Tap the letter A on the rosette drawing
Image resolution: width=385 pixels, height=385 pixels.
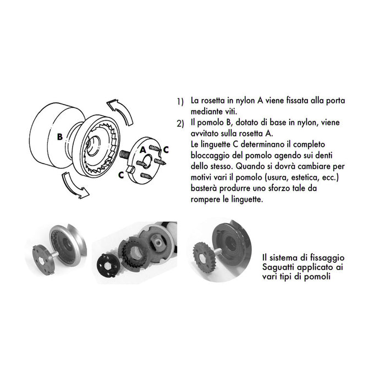pos(142,148)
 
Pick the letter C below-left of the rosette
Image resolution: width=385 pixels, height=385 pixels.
pos(120,175)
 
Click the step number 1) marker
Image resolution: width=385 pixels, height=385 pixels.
pos(180,102)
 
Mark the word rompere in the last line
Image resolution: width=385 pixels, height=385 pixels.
pos(206,199)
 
